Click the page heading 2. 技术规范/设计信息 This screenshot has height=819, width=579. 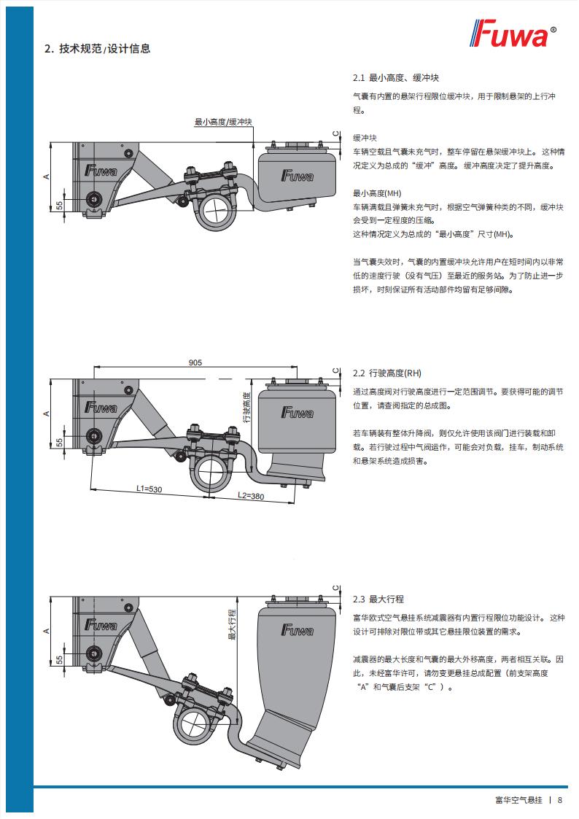click(98, 49)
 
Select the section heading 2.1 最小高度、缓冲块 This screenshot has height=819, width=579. click(395, 77)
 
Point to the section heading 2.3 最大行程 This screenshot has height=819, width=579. click(378, 599)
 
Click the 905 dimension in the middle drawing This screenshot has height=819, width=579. click(195, 362)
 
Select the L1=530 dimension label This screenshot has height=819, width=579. click(149, 489)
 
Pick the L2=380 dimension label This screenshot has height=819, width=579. click(251, 495)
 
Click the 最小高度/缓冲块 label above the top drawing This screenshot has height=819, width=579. click(223, 122)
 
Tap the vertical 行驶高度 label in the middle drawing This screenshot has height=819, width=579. click(247, 406)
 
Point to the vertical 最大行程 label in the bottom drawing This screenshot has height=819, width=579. click(232, 624)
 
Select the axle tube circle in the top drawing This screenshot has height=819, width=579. click(217, 211)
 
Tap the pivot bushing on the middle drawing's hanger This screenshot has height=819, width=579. click(93, 435)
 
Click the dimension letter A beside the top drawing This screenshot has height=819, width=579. click(46, 176)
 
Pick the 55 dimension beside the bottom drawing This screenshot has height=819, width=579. click(59, 659)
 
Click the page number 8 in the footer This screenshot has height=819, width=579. click(559, 799)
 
